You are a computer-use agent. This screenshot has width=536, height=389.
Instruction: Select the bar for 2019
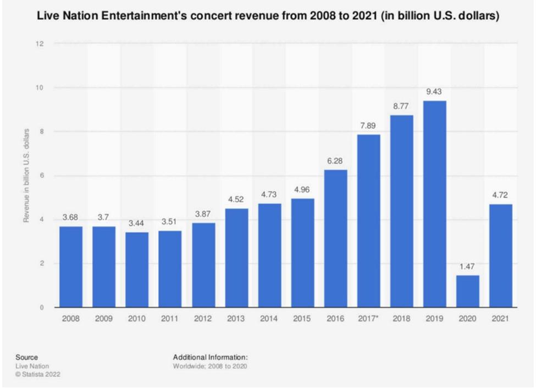[x=435, y=204]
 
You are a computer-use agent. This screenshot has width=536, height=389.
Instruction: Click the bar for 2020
[x=468, y=291]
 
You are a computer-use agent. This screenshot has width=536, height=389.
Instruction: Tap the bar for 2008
[x=71, y=267]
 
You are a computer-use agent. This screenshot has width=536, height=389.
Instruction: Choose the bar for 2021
[x=501, y=256]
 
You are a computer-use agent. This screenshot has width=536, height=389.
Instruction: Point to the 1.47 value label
[x=468, y=267]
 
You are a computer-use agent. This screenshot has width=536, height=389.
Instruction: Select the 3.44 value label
[x=137, y=224]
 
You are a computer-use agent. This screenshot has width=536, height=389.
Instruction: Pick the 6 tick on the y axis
[x=41, y=176]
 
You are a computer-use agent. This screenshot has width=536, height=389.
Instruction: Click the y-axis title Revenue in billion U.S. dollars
[x=26, y=176]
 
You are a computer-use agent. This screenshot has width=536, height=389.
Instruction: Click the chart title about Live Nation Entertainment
[x=268, y=17]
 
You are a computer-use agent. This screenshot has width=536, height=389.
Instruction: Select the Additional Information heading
[x=211, y=357]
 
